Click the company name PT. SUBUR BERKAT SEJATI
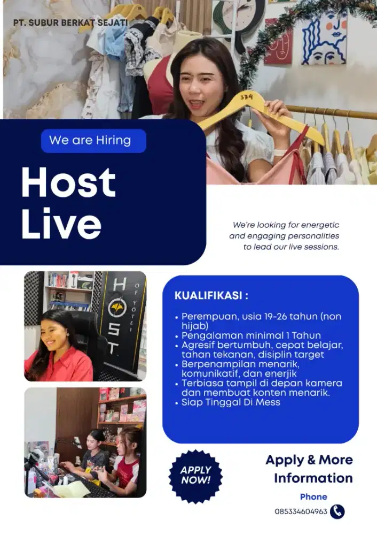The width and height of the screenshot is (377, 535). (70, 23)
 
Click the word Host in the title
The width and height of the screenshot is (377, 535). (68, 182)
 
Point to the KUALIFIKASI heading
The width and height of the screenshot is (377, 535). (211, 296)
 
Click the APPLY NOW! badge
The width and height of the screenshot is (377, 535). (195, 475)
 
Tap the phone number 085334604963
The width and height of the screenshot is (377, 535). (301, 511)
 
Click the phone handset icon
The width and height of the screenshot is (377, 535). (337, 511)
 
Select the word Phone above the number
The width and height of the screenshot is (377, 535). (313, 497)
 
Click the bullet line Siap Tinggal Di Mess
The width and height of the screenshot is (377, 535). (231, 402)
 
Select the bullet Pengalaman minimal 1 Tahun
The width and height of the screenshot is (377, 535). (251, 335)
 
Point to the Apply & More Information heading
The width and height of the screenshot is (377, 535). (310, 469)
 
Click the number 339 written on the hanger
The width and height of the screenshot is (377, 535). (246, 97)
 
